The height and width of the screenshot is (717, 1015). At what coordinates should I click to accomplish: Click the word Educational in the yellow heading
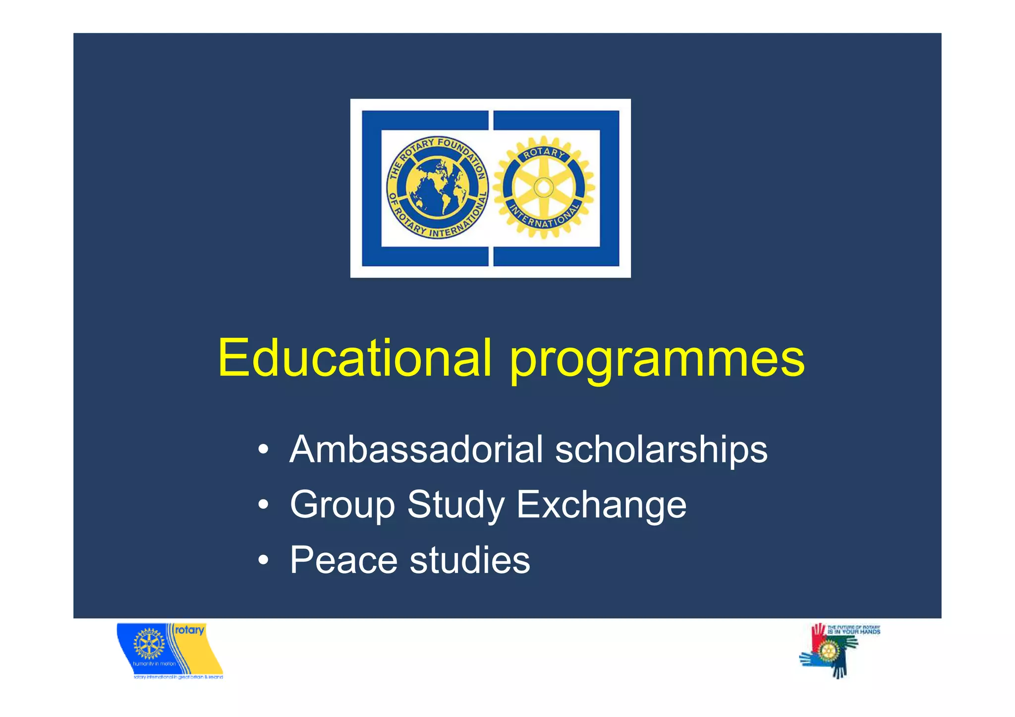(354, 358)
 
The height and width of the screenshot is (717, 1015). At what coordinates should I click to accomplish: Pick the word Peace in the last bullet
(343, 560)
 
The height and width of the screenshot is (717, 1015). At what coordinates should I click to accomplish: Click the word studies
(470, 560)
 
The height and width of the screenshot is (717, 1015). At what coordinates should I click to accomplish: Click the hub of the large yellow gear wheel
(543, 187)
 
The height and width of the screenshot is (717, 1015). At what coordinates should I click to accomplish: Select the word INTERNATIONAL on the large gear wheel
(544, 218)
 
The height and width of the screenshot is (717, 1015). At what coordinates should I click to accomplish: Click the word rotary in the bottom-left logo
(189, 630)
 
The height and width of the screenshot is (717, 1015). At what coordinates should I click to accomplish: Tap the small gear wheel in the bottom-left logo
(149, 644)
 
